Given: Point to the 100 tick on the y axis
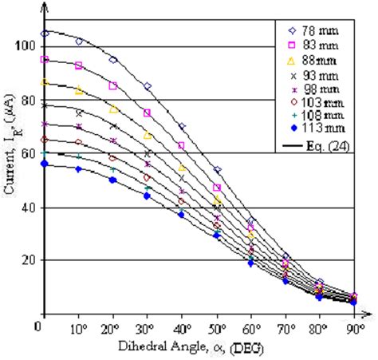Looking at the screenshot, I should [26, 46].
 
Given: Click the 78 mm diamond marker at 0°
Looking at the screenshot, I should [45, 34].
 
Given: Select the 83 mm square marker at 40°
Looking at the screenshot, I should [182, 145].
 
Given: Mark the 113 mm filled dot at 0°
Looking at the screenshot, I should [45, 164].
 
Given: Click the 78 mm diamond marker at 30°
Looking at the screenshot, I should [148, 85].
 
